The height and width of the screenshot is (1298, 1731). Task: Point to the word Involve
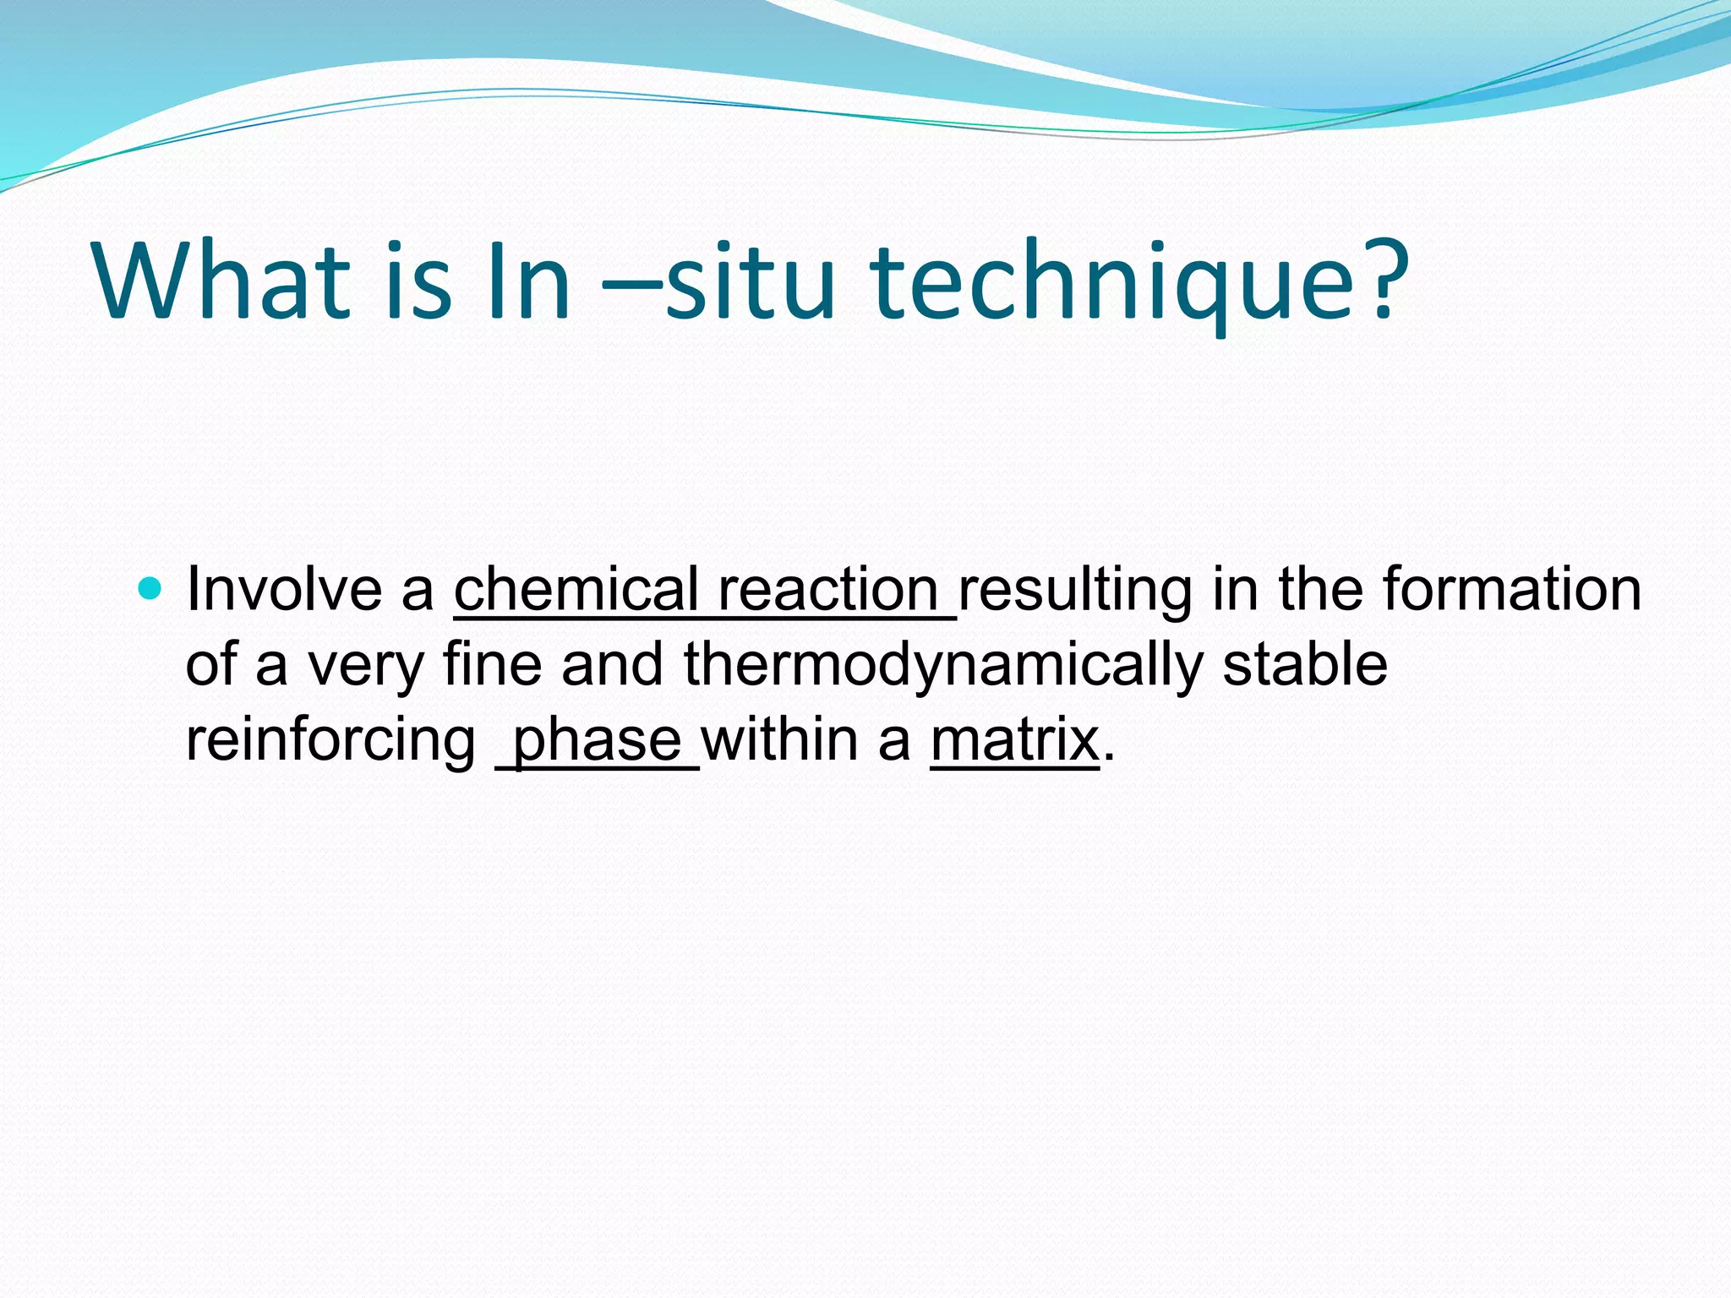click(x=284, y=589)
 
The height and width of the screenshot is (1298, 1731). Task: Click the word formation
click(x=1512, y=589)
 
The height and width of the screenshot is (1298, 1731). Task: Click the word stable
click(x=1305, y=664)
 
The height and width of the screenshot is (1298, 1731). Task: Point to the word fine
click(x=492, y=664)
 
